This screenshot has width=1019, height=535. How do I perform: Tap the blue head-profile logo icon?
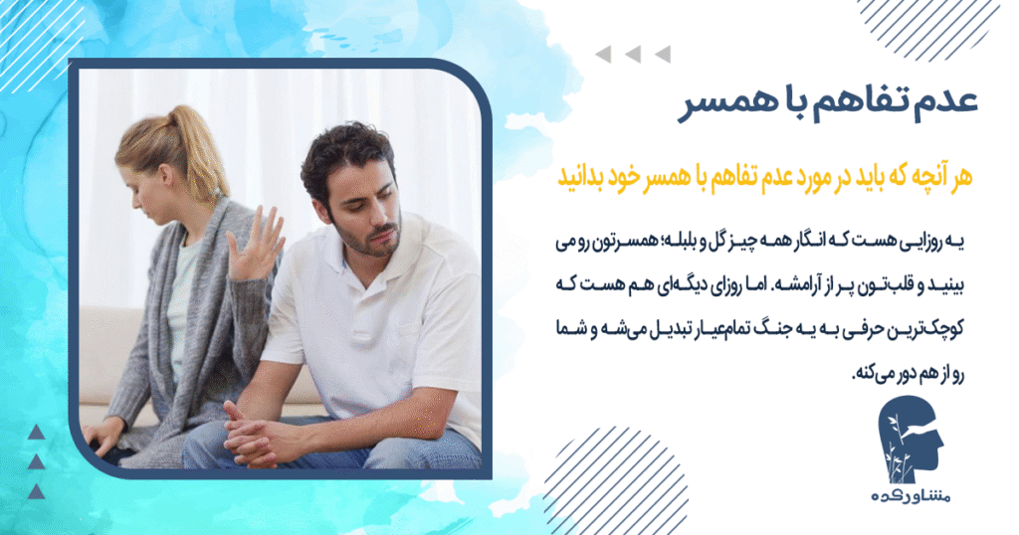[x=915, y=444]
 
